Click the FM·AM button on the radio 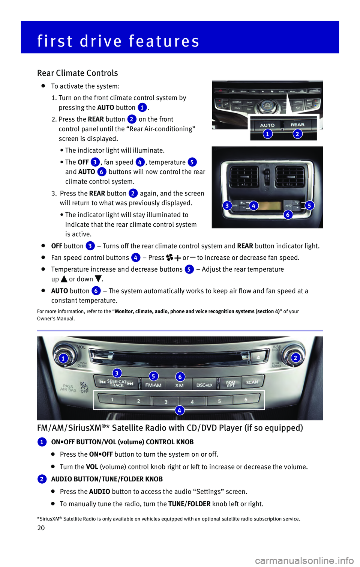coord(153,385)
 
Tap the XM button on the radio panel coord(180,385)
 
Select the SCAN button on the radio coord(252,382)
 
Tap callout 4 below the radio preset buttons coord(179,410)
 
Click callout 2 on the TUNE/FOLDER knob coord(295,358)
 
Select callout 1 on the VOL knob coord(63,358)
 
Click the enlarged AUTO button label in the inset coord(267,125)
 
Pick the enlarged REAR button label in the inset coord(297,125)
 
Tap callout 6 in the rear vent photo coord(288,215)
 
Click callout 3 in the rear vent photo coord(227,205)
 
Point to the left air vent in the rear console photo coord(244,176)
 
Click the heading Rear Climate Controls coord(78,73)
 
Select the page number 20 coord(41,528)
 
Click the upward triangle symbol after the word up coord(64,279)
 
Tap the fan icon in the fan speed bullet coord(169,258)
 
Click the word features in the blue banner coord(164,41)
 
